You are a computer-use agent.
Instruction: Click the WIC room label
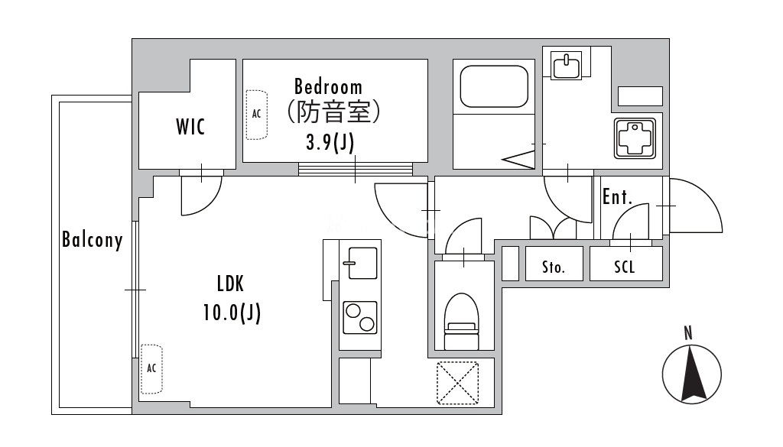pyautogui.click(x=190, y=127)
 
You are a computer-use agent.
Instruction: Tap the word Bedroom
pyautogui.click(x=328, y=87)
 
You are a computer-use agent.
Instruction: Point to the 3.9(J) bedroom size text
pyautogui.click(x=330, y=143)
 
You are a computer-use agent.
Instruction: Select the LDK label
pyautogui.click(x=230, y=284)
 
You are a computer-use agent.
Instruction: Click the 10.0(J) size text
pyautogui.click(x=232, y=313)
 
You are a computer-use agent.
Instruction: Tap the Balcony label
pyautogui.click(x=93, y=240)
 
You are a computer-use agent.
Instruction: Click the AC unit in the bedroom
pyautogui.click(x=257, y=115)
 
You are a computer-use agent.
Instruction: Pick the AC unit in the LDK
pyautogui.click(x=151, y=368)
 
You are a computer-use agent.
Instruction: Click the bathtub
pyautogui.click(x=494, y=86)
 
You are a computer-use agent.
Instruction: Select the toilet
pyautogui.click(x=461, y=321)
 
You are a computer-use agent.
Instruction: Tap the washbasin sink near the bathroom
pyautogui.click(x=567, y=66)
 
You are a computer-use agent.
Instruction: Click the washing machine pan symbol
pyautogui.click(x=635, y=138)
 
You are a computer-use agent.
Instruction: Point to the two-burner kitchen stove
pyautogui.click(x=360, y=318)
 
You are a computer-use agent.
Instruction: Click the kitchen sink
pyautogui.click(x=359, y=263)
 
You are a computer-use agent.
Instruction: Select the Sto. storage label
pyautogui.click(x=554, y=267)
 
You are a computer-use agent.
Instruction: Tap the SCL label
pyautogui.click(x=624, y=267)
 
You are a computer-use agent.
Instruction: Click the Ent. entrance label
pyautogui.click(x=618, y=196)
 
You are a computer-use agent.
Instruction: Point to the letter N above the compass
pyautogui.click(x=688, y=333)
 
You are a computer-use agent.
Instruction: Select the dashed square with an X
pyautogui.click(x=457, y=383)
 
